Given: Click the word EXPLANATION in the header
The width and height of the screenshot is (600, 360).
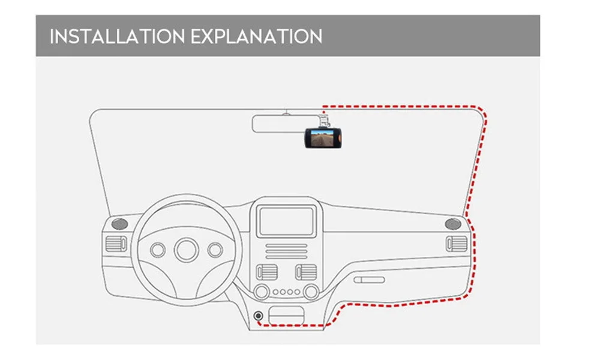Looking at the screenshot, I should tap(257, 36).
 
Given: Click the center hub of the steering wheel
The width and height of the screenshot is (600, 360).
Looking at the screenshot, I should tap(187, 248).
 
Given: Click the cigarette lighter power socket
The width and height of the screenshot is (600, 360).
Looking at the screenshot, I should tap(259, 316).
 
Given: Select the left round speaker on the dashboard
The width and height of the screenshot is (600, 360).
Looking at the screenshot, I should tap(120, 224).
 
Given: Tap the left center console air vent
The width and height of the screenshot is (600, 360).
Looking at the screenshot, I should tap(266, 272).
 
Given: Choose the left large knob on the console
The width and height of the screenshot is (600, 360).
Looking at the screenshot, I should tap(262, 292).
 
